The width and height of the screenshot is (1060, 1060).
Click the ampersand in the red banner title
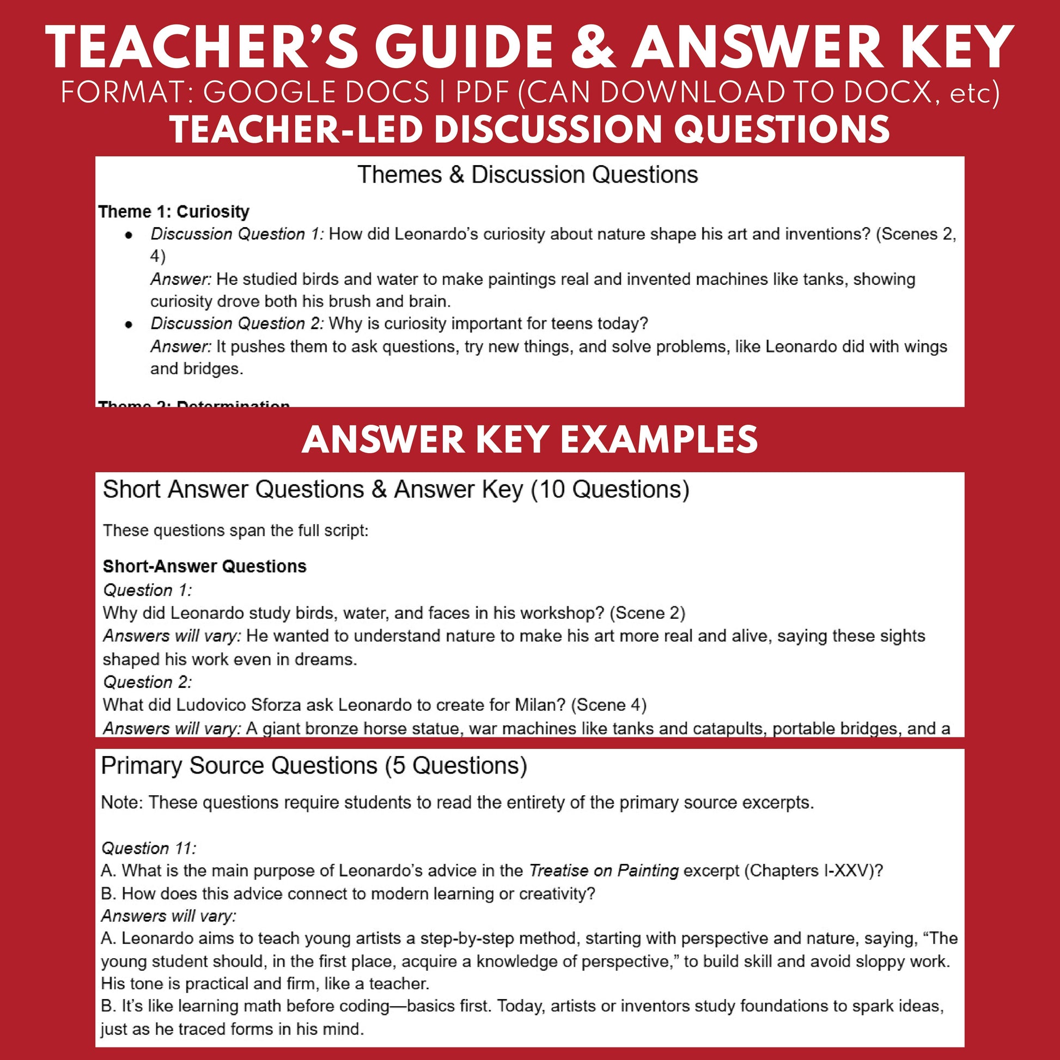[593, 48]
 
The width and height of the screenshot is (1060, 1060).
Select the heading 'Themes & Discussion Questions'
[527, 175]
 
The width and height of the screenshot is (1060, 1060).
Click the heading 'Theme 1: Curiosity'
[173, 212]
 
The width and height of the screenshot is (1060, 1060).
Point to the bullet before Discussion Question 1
[129, 235]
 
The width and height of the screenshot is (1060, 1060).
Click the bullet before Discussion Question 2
[129, 324]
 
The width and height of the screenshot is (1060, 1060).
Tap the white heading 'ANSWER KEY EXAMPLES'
[529, 440]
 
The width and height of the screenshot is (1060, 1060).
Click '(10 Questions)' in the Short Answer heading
[610, 489]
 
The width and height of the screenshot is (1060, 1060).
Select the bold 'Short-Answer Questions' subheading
[205, 566]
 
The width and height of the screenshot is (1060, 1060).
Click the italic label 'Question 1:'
[148, 590]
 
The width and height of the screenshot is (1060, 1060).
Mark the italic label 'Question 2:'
[148, 683]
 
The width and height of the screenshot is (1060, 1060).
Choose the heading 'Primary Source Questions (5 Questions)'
[314, 766]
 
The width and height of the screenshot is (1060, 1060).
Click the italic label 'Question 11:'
[149, 848]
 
